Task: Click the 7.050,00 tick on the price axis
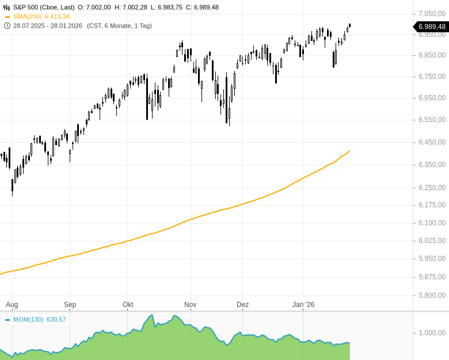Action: click(432, 13)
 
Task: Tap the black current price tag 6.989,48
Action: click(432, 26)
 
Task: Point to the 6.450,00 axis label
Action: click(432, 142)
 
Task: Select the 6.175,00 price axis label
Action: click(432, 205)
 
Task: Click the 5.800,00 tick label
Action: click(432, 295)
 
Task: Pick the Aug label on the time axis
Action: click(12, 305)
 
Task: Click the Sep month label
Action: click(70, 305)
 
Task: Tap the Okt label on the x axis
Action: click(128, 305)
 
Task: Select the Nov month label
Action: click(190, 305)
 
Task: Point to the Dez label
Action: click(242, 305)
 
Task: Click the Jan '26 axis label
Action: click(303, 305)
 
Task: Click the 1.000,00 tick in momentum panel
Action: click(432, 333)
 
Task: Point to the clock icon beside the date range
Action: click(7, 26)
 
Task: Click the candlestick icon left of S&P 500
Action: click(7, 7)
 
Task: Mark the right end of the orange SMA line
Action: click(349, 151)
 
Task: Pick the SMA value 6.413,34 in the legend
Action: click(57, 17)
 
